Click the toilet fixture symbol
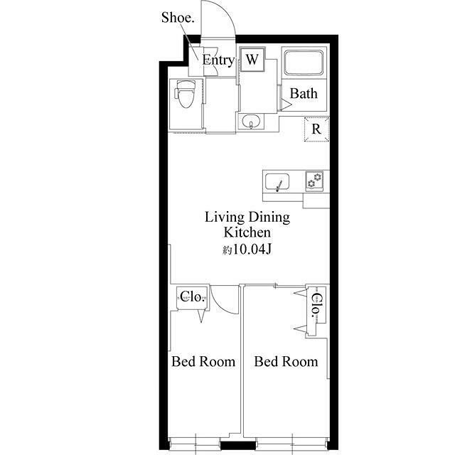(185, 94)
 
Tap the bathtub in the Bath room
(304, 63)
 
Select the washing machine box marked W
(252, 60)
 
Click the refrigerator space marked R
(316, 129)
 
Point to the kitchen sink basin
(277, 182)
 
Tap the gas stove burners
(314, 180)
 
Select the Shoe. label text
(178, 17)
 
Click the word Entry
(218, 60)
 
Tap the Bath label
(304, 93)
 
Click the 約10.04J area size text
(247, 249)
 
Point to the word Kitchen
(247, 232)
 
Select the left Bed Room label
(203, 362)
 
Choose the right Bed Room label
(286, 362)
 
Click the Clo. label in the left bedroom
(193, 296)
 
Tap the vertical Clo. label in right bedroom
(316, 305)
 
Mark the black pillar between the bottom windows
(238, 445)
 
